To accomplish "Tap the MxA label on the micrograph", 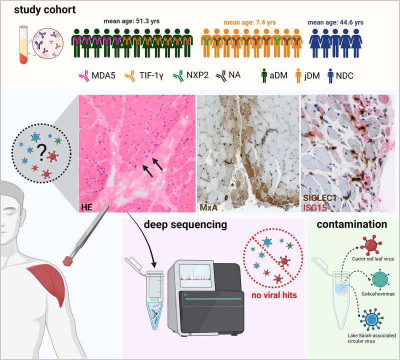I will point(209,207).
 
